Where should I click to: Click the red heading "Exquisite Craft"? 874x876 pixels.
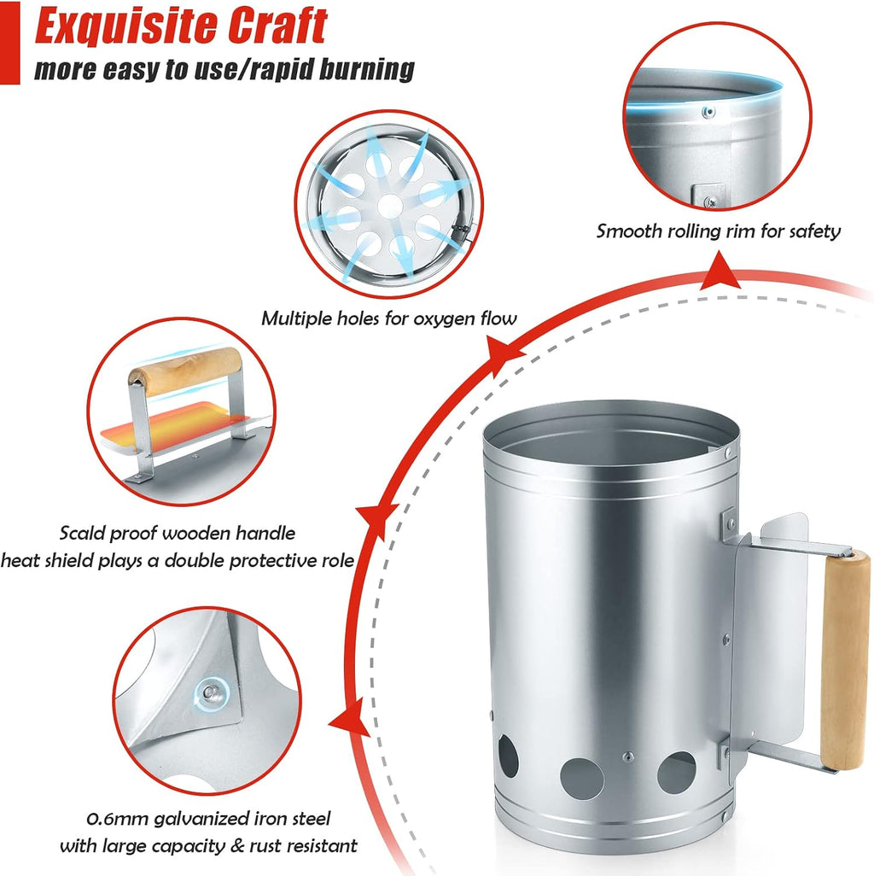pos(181,26)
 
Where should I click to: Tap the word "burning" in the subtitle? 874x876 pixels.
pos(367,70)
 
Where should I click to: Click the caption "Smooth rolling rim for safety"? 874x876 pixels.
pos(718,231)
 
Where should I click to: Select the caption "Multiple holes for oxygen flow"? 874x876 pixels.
pos(388,318)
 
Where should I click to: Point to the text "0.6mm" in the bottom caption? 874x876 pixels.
pos(117,819)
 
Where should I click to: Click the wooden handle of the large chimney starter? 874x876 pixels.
pos(845,660)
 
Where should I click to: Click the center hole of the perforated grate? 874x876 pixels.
pos(390,207)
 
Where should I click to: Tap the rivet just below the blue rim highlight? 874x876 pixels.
pos(708,113)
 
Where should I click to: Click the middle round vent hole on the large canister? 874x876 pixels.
pos(582,778)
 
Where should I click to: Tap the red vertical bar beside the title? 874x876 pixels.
pos(9,43)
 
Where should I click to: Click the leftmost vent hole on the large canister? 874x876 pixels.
pos(508,756)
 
